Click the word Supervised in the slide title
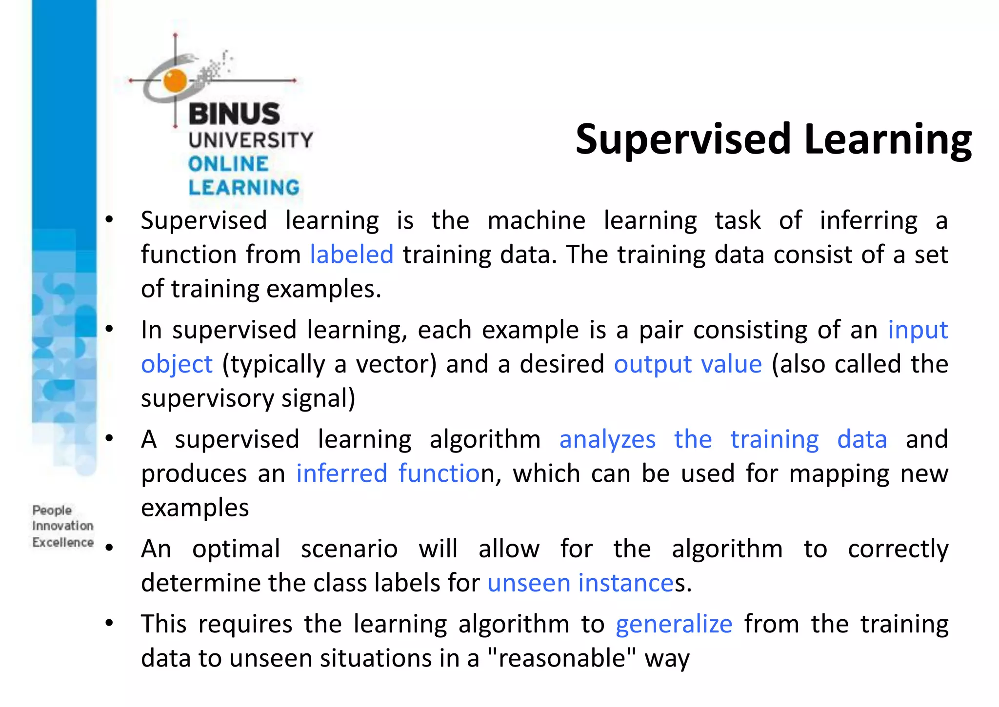[683, 140]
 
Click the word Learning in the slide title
[888, 140]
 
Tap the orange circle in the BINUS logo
[175, 80]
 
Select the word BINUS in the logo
[234, 114]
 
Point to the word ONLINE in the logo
[228, 164]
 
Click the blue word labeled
[352, 255]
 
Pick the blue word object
[177, 364]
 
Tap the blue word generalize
[674, 624]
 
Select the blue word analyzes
[607, 439]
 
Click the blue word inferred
[341, 473]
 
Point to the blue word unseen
[529, 583]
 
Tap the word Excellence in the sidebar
[63, 542]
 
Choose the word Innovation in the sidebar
[63, 526]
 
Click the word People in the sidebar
[52, 510]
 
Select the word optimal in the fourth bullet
[236, 549]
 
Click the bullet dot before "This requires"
[109, 623]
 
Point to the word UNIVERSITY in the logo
[251, 140]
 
